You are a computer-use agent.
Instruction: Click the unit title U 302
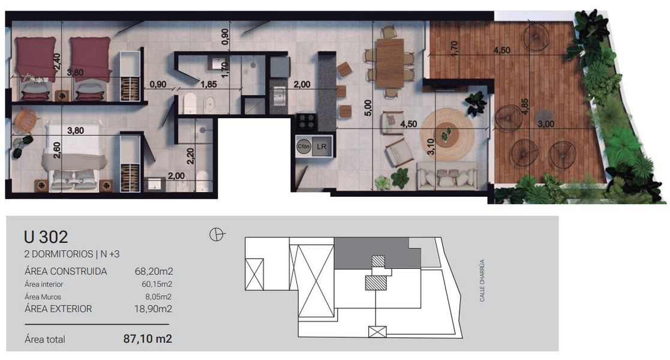pyautogui.click(x=46, y=236)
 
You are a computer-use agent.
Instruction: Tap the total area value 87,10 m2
pyautogui.click(x=148, y=338)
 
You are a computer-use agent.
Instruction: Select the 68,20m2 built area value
pyautogui.click(x=154, y=271)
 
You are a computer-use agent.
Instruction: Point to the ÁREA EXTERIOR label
pyautogui.click(x=58, y=308)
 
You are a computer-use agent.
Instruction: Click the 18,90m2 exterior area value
pyautogui.click(x=154, y=308)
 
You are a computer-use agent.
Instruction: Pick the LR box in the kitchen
pyautogui.click(x=322, y=146)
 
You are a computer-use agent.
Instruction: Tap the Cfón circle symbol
pyautogui.click(x=304, y=146)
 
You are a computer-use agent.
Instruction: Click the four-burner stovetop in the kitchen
pyautogui.click(x=307, y=121)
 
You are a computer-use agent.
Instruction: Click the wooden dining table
pyautogui.click(x=390, y=63)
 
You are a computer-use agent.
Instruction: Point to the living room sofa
pyautogui.click(x=447, y=175)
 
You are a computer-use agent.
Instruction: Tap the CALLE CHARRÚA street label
pyautogui.click(x=482, y=280)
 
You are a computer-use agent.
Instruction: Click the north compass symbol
pyautogui.click(x=217, y=234)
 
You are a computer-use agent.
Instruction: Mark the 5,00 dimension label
pyautogui.click(x=368, y=108)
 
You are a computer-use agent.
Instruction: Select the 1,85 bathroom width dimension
pyautogui.click(x=209, y=84)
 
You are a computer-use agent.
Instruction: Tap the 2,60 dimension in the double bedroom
pyautogui.click(x=57, y=150)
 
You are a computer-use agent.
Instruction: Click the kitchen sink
pyautogui.click(x=280, y=96)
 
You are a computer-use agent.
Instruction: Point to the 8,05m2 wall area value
pyautogui.click(x=158, y=296)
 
